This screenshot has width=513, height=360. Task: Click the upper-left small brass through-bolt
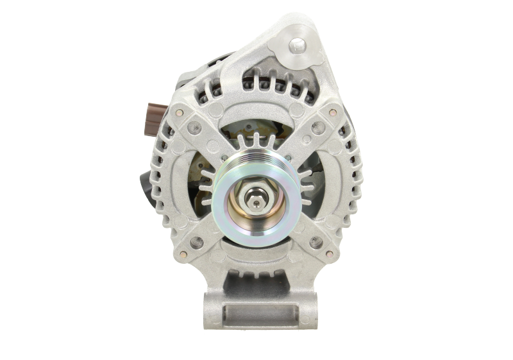click(x=179, y=114)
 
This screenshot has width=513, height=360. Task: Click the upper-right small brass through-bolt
click(x=333, y=114)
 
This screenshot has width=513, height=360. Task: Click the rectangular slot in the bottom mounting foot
click(x=256, y=315)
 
